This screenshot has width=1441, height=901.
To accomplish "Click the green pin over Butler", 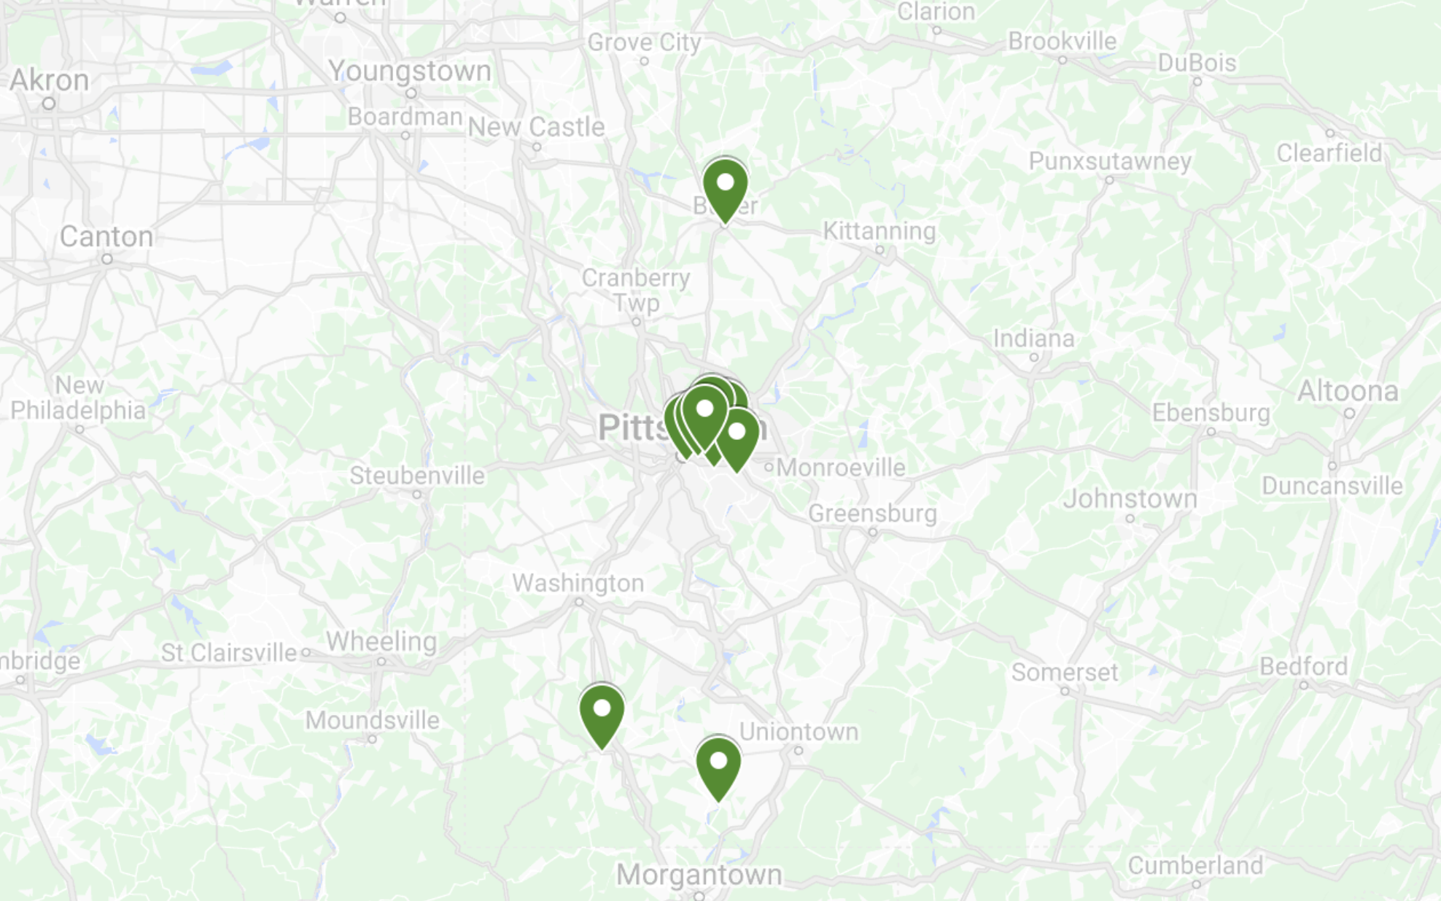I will coord(725,185).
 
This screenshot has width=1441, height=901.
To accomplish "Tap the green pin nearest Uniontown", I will coord(718,765).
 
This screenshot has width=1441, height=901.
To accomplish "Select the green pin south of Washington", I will coord(602,711).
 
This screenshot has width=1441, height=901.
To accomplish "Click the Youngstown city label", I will coord(410,71).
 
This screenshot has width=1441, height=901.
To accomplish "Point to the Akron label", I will coord(50,80).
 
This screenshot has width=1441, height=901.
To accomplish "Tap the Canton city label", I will coord(106,236).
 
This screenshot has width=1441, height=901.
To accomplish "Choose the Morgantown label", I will coord(699,874).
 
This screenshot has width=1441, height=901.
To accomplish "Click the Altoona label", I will coord(1348,392).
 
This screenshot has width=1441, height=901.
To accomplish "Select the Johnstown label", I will coord(1130,499).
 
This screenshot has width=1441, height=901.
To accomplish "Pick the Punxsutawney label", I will coord(1110,161).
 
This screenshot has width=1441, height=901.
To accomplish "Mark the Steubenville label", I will coord(417,476).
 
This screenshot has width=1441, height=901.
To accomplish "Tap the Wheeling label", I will coord(381,641).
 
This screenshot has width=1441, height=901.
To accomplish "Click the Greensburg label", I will coord(872,514).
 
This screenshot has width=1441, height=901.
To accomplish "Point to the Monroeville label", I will coord(841,468).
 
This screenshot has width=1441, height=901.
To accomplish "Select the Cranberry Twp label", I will coord(636,290).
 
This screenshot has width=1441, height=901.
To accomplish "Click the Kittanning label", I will coord(879,231).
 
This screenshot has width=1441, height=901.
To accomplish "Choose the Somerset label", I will coord(1064,672).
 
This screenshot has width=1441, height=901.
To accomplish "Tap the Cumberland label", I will coord(1195,865).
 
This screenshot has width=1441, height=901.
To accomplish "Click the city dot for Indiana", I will coord(1033,357).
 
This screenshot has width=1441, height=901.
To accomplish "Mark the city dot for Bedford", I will coord(1303,685).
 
